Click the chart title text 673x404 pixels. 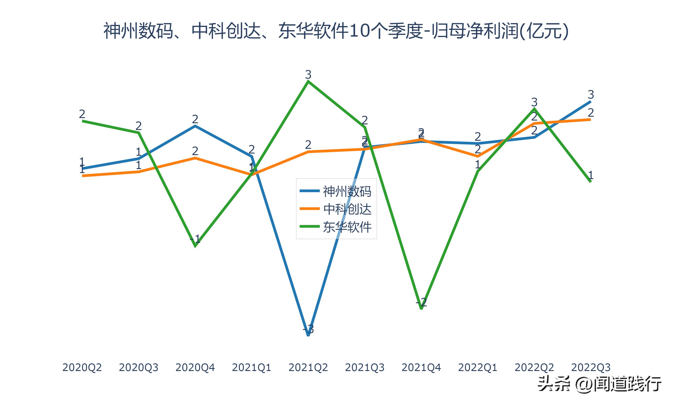pos(336,31)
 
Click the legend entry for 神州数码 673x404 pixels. pos(347,191)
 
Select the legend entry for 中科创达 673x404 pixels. pos(347,209)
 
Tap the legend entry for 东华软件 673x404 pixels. pos(347,227)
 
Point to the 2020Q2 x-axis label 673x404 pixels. pos(82,367)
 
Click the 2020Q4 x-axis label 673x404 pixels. pos(195,367)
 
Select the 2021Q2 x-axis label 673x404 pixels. pos(308,367)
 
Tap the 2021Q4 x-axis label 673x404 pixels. pos(421,367)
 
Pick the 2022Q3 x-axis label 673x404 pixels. pos(591,367)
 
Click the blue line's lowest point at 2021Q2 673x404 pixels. pos(308,335)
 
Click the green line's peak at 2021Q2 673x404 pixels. pos(308,81)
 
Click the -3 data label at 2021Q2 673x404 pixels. pos(308,329)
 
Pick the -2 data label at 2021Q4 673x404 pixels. pos(421,302)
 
